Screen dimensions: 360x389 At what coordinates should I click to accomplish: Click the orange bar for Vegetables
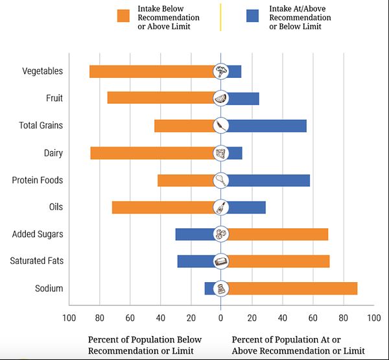click(x=152, y=71)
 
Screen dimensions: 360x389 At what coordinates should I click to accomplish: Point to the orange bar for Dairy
click(x=152, y=153)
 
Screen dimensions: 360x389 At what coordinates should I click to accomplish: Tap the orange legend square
click(x=123, y=16)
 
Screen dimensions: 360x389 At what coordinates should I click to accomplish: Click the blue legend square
click(x=253, y=16)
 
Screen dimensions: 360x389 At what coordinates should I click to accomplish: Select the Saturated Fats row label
click(x=36, y=261)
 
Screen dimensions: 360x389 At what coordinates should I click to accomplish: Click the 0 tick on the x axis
click(x=220, y=318)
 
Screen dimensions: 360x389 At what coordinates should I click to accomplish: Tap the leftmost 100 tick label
click(x=68, y=318)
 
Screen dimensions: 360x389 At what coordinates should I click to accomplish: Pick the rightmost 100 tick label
click(x=374, y=318)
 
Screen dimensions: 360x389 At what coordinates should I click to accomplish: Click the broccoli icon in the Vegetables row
click(x=221, y=71)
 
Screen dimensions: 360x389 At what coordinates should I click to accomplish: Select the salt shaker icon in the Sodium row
click(x=221, y=289)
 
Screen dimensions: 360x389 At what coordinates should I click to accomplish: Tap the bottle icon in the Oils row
click(x=221, y=208)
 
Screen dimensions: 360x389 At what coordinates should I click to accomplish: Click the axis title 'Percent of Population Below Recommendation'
click(x=145, y=345)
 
